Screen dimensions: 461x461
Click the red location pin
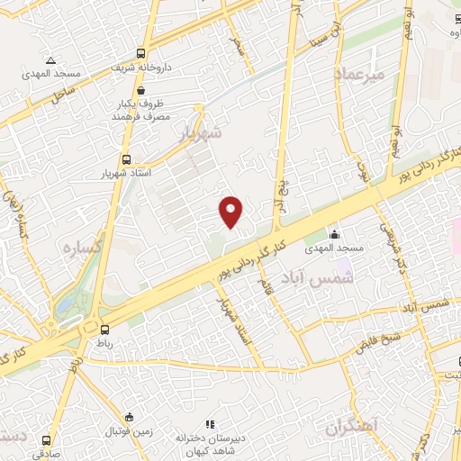232,212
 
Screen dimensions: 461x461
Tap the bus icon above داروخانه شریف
140,52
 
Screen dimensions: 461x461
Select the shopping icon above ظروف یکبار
141,90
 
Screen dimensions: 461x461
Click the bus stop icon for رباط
106,330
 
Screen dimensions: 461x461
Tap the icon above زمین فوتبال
131,417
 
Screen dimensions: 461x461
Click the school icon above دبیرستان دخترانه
211,424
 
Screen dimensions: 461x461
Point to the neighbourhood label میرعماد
358,75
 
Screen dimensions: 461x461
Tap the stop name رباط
106,343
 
